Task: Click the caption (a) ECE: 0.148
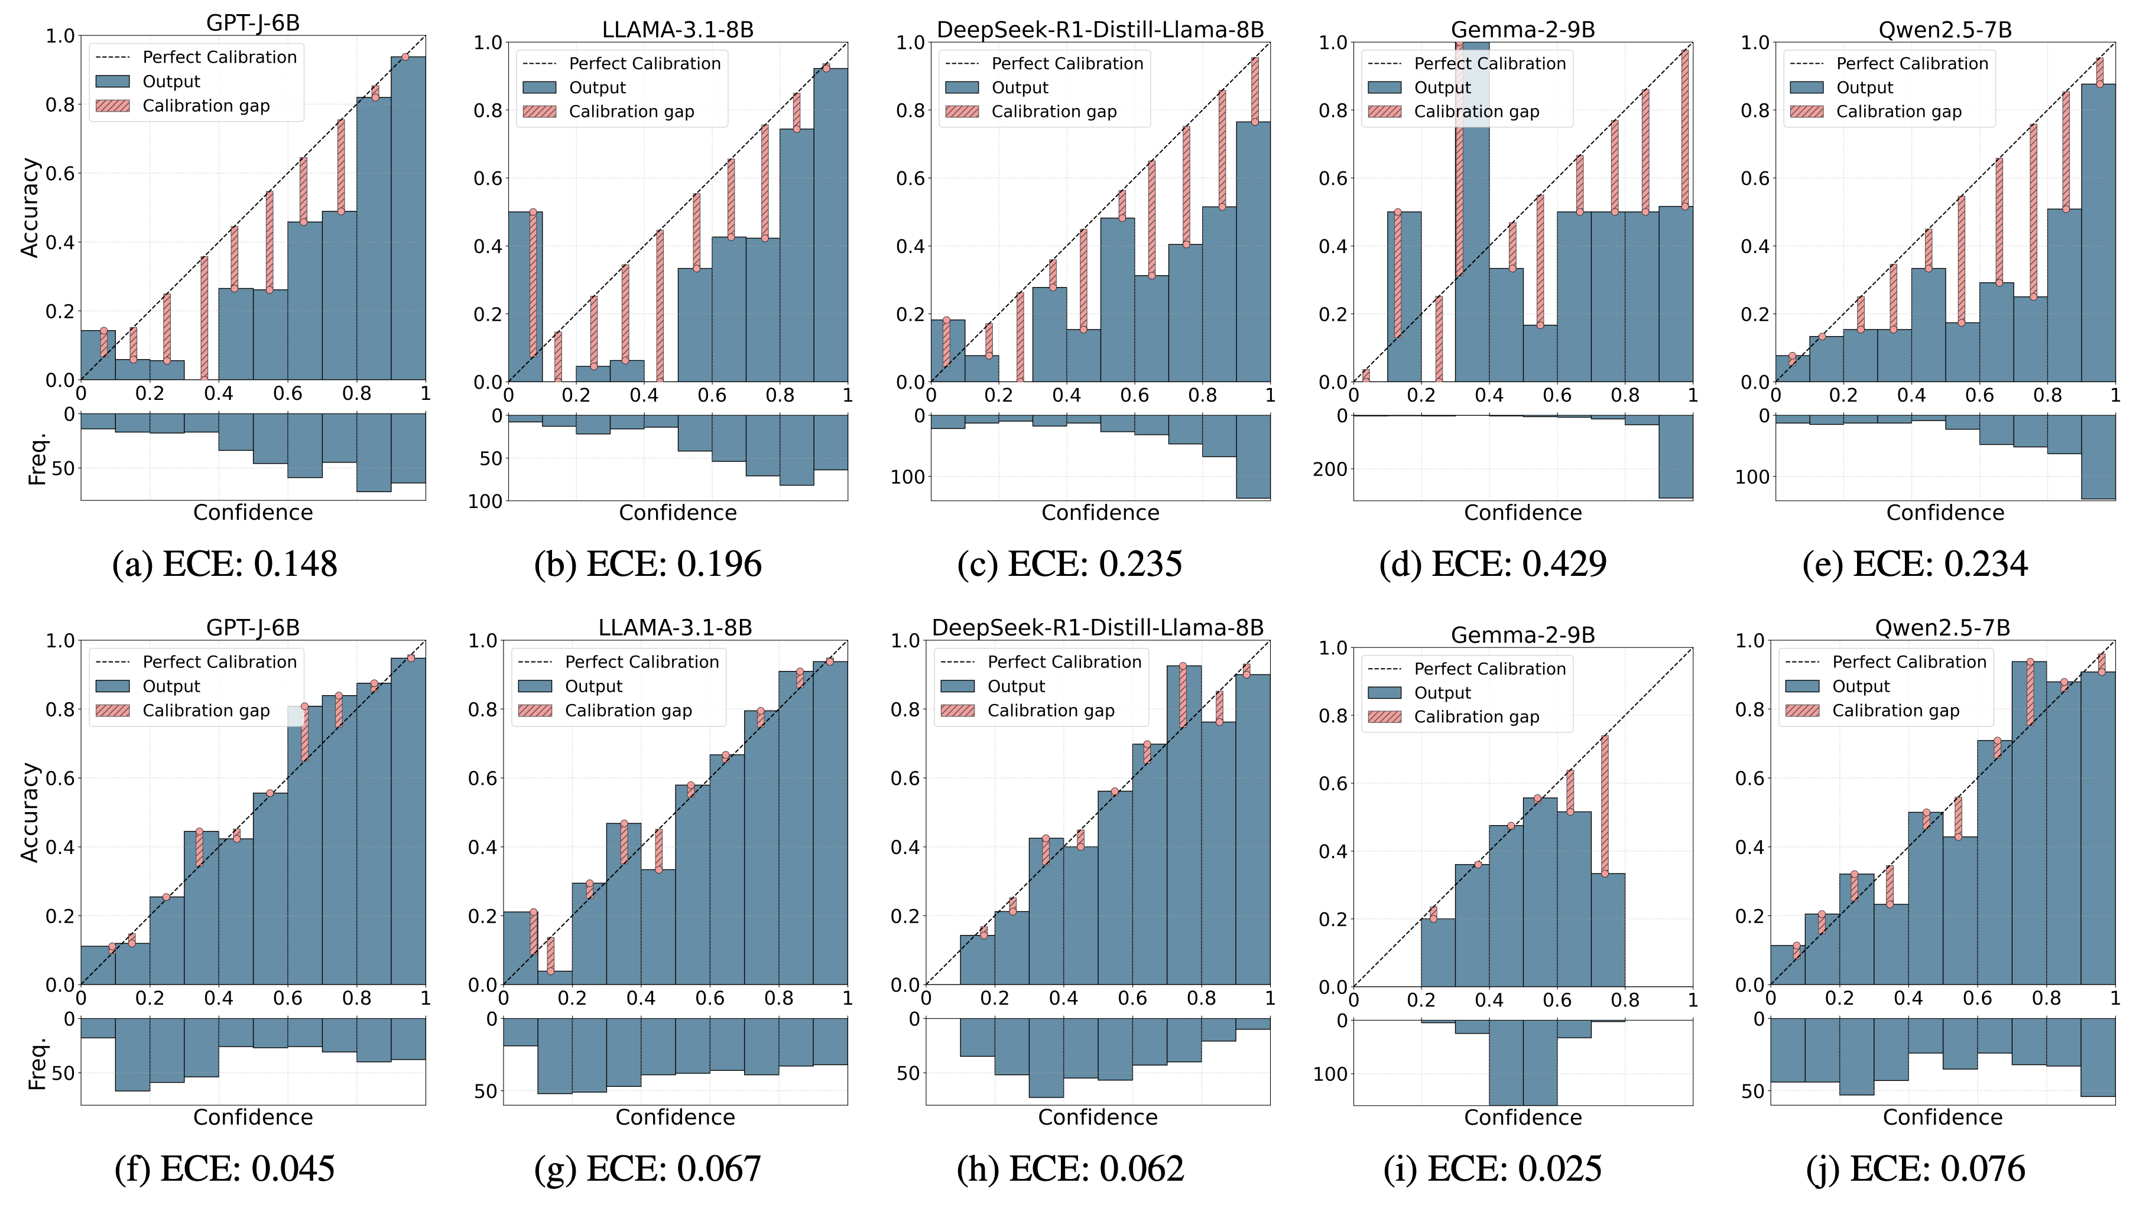coord(224,565)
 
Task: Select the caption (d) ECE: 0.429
coord(1492,565)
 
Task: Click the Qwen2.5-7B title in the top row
coord(1945,30)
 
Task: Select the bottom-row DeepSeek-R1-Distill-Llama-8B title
coord(1097,628)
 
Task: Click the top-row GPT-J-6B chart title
coord(252,23)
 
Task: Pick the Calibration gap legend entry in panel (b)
coord(631,112)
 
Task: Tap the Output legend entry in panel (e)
coord(1864,87)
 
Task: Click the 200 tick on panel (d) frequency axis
coord(1330,470)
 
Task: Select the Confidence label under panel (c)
coord(1099,513)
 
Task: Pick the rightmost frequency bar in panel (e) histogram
coord(2097,457)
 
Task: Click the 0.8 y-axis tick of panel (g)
coord(483,709)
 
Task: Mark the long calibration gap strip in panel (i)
coord(1604,804)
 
